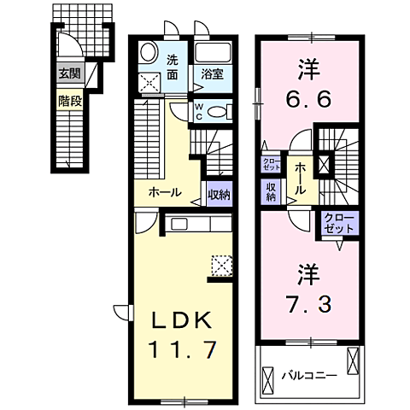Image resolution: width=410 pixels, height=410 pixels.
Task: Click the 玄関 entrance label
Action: [68, 74]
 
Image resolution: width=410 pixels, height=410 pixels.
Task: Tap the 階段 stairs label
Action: [68, 98]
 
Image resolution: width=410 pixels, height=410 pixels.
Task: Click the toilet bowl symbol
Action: [218, 111]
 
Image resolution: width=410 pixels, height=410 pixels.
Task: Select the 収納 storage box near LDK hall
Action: [219, 194]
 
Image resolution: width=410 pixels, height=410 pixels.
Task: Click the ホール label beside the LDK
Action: [164, 193]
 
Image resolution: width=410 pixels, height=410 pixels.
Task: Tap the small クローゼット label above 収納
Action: [271, 164]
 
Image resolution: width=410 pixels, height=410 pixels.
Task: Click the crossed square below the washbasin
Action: [149, 83]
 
